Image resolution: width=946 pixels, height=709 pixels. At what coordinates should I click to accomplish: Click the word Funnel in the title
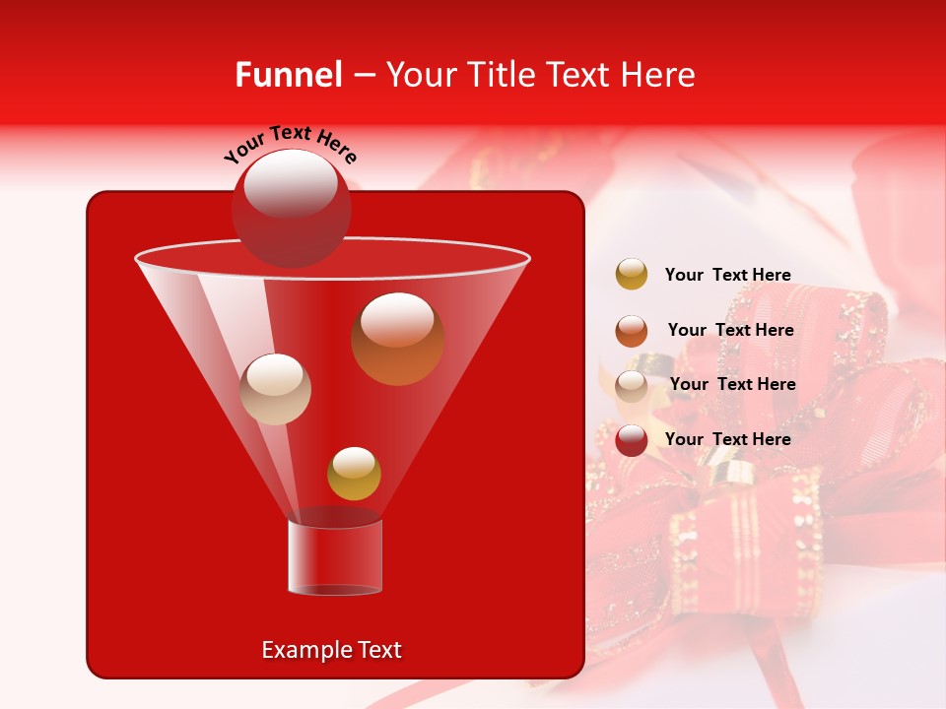pyautogui.click(x=288, y=75)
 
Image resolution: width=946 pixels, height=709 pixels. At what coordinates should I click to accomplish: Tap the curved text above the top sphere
pyautogui.click(x=290, y=144)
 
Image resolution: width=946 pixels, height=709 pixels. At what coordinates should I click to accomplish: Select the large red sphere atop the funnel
pyautogui.click(x=291, y=209)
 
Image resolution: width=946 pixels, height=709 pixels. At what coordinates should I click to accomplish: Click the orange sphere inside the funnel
pyautogui.click(x=397, y=340)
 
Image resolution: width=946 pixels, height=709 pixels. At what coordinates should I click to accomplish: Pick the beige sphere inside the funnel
pyautogui.click(x=275, y=389)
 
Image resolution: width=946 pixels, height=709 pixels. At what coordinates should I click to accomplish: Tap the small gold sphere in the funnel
pyautogui.click(x=354, y=474)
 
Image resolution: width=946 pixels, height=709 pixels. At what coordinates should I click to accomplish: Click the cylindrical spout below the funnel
pyautogui.click(x=334, y=557)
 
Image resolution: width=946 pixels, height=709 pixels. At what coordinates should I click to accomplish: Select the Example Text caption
pyautogui.click(x=331, y=650)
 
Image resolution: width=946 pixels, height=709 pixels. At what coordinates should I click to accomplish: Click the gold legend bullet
pyautogui.click(x=632, y=275)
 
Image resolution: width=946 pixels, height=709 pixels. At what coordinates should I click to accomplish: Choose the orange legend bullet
pyautogui.click(x=632, y=330)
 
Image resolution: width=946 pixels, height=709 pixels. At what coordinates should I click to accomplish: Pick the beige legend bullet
pyautogui.click(x=632, y=385)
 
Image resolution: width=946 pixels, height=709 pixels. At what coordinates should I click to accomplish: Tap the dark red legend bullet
pyautogui.click(x=632, y=440)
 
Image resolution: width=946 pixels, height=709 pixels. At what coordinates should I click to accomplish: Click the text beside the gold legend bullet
pyautogui.click(x=727, y=275)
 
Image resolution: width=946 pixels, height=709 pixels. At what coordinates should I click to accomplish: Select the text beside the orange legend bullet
pyautogui.click(x=730, y=330)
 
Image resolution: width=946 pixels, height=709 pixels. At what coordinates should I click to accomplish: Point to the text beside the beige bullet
pyautogui.click(x=732, y=384)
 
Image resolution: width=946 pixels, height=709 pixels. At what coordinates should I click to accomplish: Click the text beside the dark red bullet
pyautogui.click(x=727, y=439)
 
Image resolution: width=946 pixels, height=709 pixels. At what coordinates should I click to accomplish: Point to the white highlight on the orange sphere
pyautogui.click(x=397, y=321)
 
